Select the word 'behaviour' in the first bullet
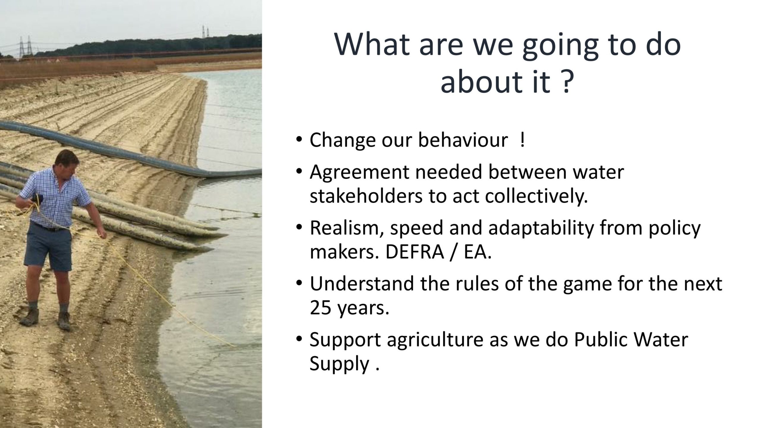pos(463,140)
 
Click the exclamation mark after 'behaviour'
pos(522,140)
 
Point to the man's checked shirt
pos(54,198)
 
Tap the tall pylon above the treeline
pos(205,31)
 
